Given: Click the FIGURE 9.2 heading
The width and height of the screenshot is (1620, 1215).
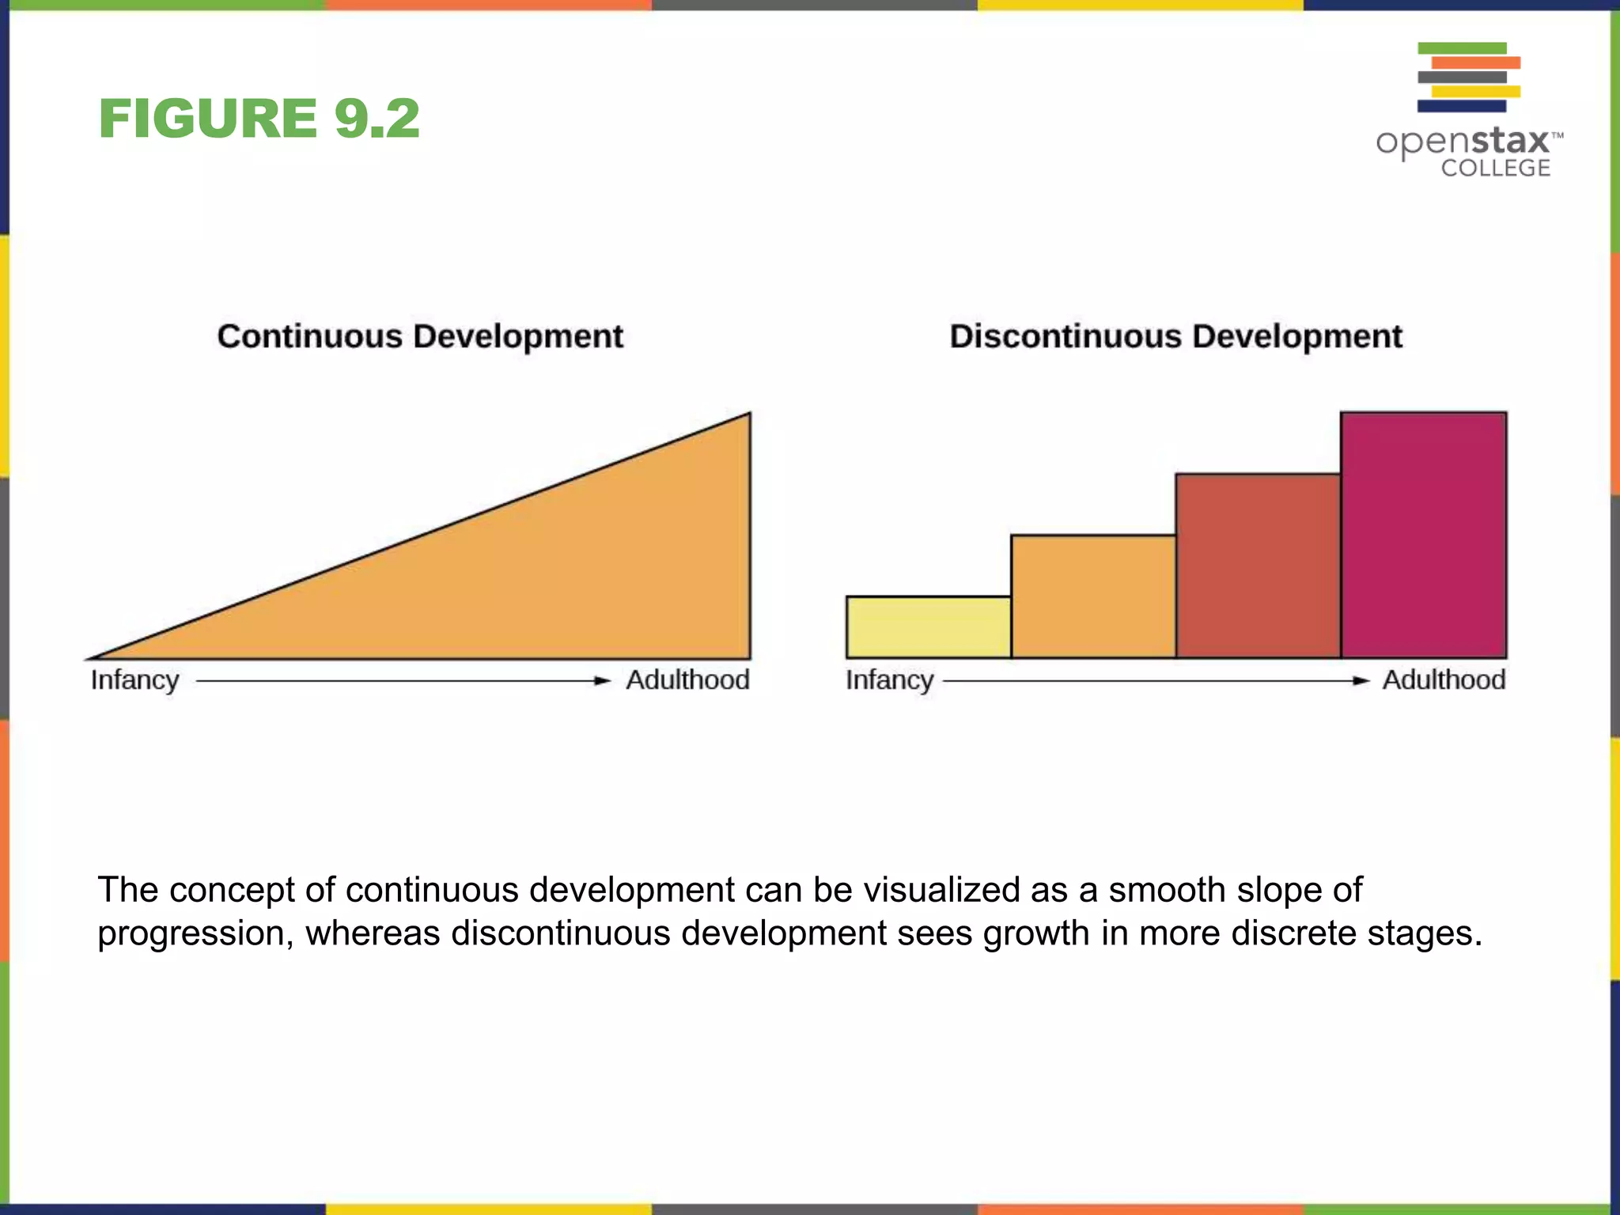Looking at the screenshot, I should tap(259, 119).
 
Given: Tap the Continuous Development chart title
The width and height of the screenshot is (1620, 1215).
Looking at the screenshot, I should tap(420, 336).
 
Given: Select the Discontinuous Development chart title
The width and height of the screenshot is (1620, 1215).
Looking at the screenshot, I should tap(1175, 336).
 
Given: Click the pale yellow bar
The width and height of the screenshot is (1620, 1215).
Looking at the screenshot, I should tap(928, 627).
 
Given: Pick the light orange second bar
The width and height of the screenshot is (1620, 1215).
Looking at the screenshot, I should tap(1093, 597).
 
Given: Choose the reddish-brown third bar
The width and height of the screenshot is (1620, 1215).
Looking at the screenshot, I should tap(1258, 566).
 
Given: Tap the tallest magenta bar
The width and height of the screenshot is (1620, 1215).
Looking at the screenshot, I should tap(1423, 536).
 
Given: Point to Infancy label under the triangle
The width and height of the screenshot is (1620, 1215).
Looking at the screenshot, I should tap(134, 680).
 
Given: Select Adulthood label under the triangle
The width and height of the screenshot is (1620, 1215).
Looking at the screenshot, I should tap(687, 680).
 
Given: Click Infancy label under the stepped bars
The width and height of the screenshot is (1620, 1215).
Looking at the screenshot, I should tap(889, 680).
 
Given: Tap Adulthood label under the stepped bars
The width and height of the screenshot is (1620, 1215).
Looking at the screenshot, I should tap(1444, 680).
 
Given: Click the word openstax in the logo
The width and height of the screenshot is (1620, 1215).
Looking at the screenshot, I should tap(1463, 142).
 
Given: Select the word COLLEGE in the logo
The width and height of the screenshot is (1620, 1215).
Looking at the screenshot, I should tap(1495, 168).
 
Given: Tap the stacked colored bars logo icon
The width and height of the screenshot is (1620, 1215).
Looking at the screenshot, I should tap(1468, 77).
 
